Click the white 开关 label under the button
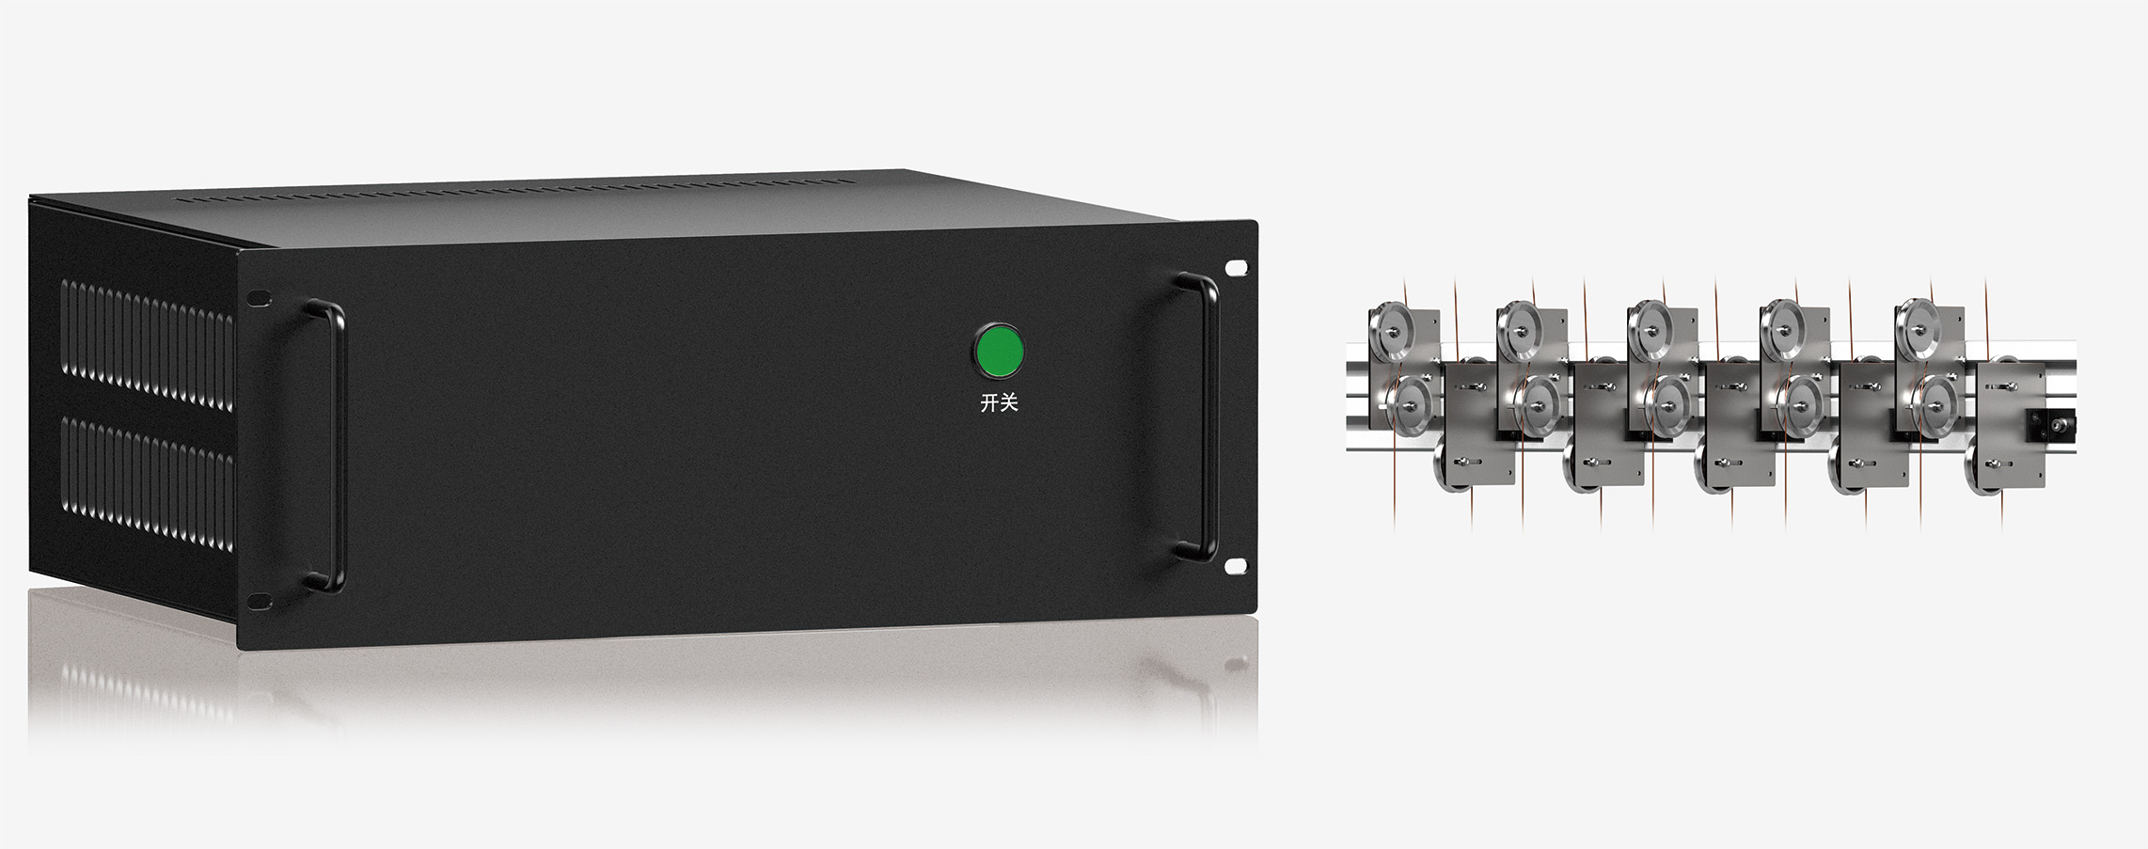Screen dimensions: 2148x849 (x=999, y=403)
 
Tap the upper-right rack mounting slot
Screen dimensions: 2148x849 (x=1235, y=268)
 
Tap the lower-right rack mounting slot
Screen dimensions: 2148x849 (x=1235, y=565)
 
